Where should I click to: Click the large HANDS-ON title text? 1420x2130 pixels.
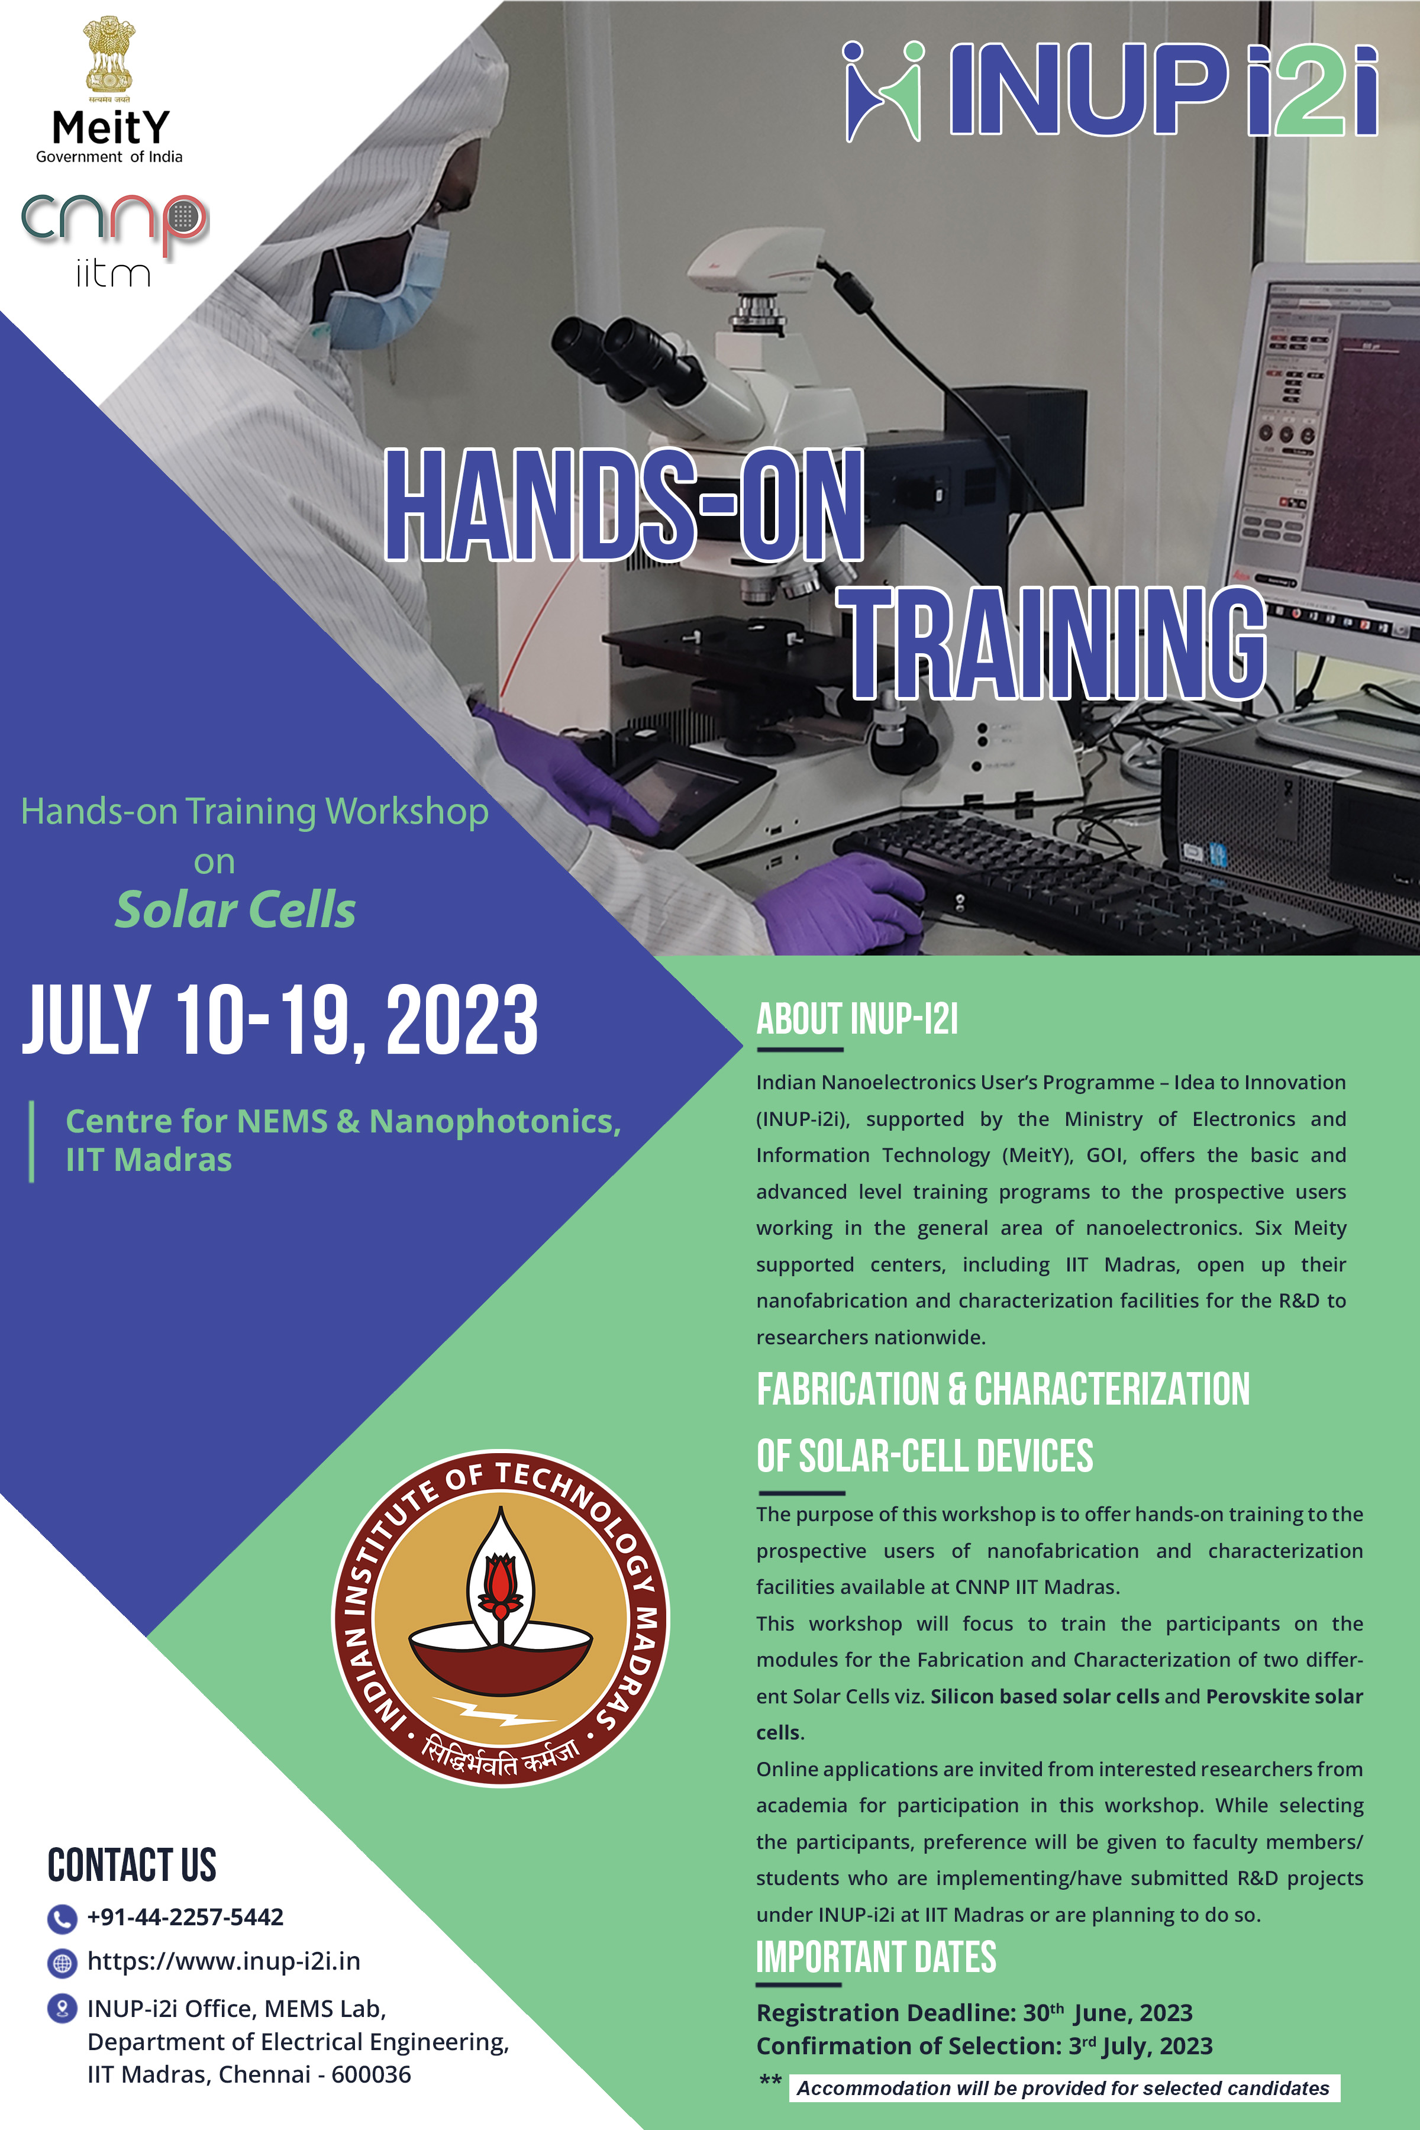(624, 505)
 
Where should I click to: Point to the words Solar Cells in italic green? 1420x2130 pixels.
(235, 909)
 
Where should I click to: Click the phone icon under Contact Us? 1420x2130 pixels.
(61, 1918)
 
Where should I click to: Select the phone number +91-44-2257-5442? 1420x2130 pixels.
(185, 1917)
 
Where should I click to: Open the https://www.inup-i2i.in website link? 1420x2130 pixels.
(224, 1961)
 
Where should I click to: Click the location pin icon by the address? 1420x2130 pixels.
(61, 2009)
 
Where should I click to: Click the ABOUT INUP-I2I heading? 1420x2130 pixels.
(857, 1019)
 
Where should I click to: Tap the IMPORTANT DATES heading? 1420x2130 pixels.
(876, 1957)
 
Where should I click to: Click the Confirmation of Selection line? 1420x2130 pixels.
(985, 2046)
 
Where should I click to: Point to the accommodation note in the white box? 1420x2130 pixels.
(1063, 2089)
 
